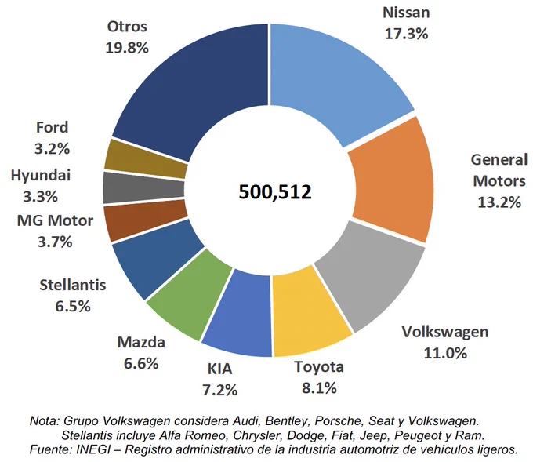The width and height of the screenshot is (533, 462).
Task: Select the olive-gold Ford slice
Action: pyautogui.click(x=146, y=159)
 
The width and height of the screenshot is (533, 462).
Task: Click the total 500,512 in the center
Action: pyautogui.click(x=275, y=191)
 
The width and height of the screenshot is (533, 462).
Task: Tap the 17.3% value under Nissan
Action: pyautogui.click(x=406, y=34)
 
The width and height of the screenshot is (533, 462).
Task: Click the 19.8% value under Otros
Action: pyautogui.click(x=127, y=48)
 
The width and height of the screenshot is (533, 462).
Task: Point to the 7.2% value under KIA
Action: pyautogui.click(x=219, y=390)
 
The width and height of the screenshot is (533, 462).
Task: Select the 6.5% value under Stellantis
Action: pyautogui.click(x=73, y=306)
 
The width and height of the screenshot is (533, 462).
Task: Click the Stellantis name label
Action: pyautogui.click(x=73, y=285)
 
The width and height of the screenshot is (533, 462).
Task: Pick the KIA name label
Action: pyautogui.click(x=219, y=369)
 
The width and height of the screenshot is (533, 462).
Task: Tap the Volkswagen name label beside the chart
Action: pyautogui.click(x=445, y=332)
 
